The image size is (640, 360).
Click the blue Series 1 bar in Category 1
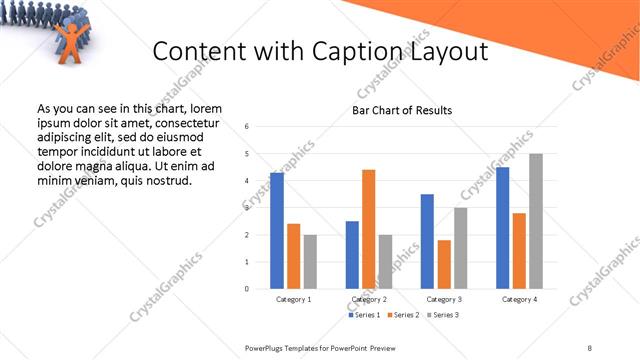(277, 231)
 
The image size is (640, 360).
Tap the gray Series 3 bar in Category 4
(536, 221)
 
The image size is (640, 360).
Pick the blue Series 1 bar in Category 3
(427, 241)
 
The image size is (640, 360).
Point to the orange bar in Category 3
(444, 264)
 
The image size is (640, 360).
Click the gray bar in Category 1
(310, 261)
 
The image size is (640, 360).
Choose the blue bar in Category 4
(502, 228)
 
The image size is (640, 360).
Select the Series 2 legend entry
(401, 315)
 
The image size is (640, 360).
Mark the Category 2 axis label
(368, 299)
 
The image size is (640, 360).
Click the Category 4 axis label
(519, 299)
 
